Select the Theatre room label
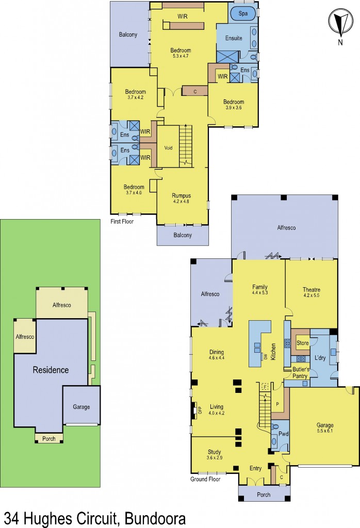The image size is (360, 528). click(311, 290)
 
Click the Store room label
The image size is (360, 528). click(302, 343)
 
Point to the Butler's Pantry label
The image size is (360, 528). click(301, 373)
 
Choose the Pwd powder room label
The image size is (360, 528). click(283, 434)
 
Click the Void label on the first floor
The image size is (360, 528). click(168, 147)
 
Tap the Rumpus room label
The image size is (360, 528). click(182, 195)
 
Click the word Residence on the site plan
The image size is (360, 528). click(51, 370)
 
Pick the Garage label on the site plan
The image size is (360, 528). click(81, 407)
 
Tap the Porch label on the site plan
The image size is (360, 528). click(48, 439)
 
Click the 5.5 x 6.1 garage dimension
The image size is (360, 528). click(325, 432)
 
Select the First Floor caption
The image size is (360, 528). click(122, 222)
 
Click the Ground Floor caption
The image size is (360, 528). click(206, 479)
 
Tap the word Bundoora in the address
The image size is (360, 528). click(152, 517)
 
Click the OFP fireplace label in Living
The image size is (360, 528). click(195, 410)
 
